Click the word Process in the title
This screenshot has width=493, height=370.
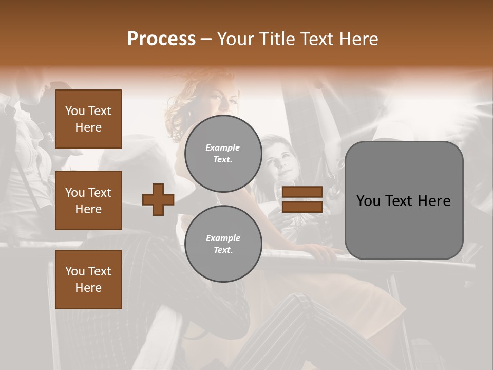161,39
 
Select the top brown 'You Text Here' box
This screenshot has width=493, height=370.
88,119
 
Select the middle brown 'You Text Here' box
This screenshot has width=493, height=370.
88,200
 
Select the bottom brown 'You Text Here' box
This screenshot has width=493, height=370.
88,280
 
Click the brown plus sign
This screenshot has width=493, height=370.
158,199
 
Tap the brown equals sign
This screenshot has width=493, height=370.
302,199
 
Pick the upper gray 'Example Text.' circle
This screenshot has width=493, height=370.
223,153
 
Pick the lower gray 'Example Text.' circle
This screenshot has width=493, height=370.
223,244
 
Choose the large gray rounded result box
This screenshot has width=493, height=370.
404,200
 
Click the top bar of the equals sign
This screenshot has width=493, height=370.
302,192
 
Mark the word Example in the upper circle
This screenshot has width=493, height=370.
223,147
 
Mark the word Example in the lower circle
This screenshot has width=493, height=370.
223,238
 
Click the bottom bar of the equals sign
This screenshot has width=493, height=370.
302,207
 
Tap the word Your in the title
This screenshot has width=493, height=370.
236,39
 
